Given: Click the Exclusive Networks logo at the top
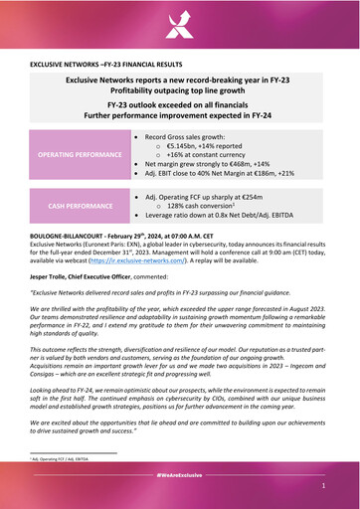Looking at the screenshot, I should click(x=179, y=22).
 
